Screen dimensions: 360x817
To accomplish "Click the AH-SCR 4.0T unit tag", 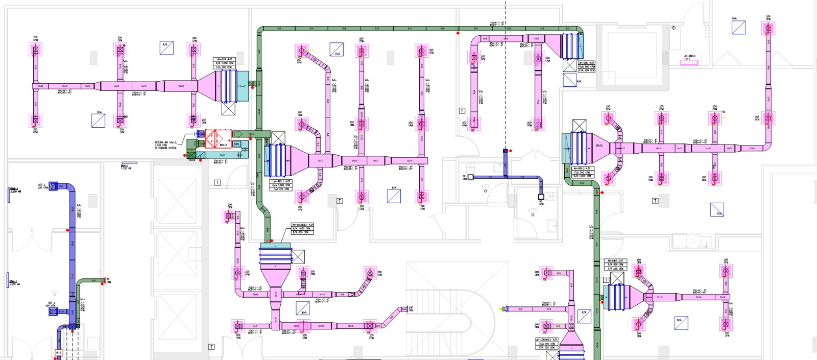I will point(223,63).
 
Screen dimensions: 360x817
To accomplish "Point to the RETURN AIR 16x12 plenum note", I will point(166,145).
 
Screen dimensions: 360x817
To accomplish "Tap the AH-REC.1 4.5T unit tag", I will point(281,185).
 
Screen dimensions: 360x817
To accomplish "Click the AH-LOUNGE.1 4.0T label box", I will point(302,228).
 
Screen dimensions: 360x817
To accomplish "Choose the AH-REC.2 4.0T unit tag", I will point(582,172).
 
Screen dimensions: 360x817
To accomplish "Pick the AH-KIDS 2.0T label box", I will point(614,265).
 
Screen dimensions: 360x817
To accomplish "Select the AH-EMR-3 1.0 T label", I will point(689,57).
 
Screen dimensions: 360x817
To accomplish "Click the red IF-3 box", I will point(58,353).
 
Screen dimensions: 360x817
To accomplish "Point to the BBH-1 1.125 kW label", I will point(125,166).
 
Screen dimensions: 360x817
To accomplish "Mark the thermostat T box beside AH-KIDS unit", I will point(606,280).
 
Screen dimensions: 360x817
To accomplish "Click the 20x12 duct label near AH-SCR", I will point(181,86).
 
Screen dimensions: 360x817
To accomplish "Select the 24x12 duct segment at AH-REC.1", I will point(320,161).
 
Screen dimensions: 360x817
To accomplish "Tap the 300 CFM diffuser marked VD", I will point(121,50).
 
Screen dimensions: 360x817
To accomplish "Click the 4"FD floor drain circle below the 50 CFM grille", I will point(485,191).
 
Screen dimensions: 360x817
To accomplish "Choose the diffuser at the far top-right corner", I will point(768,28).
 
